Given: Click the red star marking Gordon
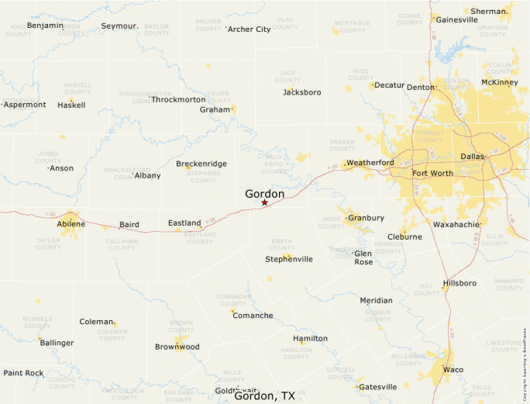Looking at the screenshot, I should pos(264,202).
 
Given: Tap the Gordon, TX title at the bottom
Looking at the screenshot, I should pos(264,395).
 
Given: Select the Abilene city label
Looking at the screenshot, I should pos(71,224).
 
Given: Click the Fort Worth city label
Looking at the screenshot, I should pos(432,173).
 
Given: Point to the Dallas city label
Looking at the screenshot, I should pos(472,157).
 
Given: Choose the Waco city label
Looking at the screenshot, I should pos(453,369).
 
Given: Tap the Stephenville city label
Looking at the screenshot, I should pos(289,259).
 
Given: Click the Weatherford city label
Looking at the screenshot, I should pos(370,162).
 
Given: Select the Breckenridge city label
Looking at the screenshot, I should pos(201,164).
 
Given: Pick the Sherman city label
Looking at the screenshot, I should pos(489,12).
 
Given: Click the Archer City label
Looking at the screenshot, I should pos(250,29).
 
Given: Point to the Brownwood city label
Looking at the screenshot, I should pos(177,347).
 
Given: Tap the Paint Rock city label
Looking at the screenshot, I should pos(23,373).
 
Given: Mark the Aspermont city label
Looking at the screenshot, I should pos(25,105).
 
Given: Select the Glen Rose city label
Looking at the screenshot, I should pos(363,257).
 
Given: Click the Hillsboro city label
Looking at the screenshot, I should pos(459,283).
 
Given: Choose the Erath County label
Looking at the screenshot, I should pos(282,244).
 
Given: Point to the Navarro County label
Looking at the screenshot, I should pos(509,284).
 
